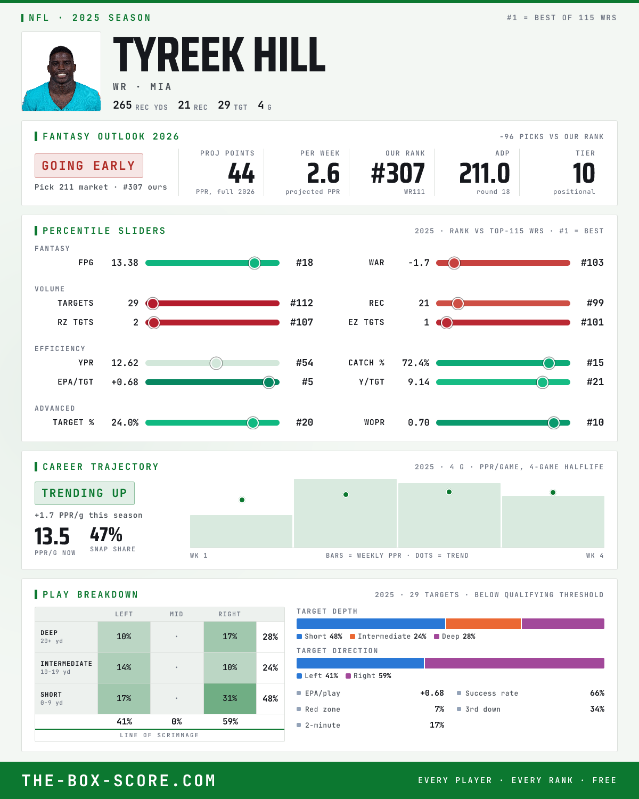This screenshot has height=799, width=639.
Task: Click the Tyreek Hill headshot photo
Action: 61,71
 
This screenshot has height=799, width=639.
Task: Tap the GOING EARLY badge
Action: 89,166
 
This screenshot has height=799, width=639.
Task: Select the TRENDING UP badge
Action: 85,493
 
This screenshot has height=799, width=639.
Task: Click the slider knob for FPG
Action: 255,263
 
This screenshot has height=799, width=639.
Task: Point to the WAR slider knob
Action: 454,263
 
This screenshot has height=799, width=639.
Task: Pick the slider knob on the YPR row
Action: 216,363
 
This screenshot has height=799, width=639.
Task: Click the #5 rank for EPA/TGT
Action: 307,382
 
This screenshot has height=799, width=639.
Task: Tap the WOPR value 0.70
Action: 419,422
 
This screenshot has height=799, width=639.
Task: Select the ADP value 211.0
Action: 485,174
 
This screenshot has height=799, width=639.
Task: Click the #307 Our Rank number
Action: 398,174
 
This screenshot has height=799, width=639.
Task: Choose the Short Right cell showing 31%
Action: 230,698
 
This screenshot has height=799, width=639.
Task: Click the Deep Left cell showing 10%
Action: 124,637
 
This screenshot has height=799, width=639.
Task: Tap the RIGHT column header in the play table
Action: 230,614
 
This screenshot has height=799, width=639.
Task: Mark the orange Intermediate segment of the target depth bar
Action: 484,624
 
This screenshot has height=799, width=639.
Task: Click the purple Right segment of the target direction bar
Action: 514,663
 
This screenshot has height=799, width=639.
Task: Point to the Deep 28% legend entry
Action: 455,637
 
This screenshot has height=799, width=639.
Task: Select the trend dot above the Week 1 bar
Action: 242,500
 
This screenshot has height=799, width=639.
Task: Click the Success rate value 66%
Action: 597,693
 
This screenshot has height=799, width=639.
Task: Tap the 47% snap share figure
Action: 106,535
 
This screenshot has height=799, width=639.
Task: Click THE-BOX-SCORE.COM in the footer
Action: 119,780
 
